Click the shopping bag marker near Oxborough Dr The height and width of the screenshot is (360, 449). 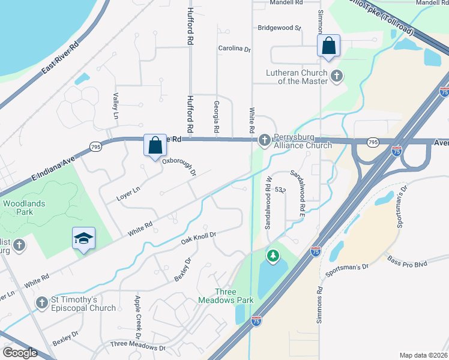pyautogui.click(x=155, y=145)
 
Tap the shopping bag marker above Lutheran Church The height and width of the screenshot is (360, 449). pyautogui.click(x=328, y=46)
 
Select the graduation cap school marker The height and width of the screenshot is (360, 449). pyautogui.click(x=84, y=239)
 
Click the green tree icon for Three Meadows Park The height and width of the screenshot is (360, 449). pyautogui.click(x=273, y=256)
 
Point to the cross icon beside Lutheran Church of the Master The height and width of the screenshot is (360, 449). pyautogui.click(x=337, y=76)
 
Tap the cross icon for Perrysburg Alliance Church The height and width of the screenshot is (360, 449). pyautogui.click(x=264, y=140)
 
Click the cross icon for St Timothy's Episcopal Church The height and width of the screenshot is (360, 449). pyautogui.click(x=42, y=303)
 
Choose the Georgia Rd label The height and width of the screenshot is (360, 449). pyautogui.click(x=216, y=116)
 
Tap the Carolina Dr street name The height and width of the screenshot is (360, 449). pyautogui.click(x=234, y=49)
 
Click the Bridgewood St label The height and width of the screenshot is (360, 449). pyautogui.click(x=279, y=28)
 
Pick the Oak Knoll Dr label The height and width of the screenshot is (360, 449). pyautogui.click(x=198, y=239)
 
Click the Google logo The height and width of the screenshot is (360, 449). pyautogui.click(x=20, y=352)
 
